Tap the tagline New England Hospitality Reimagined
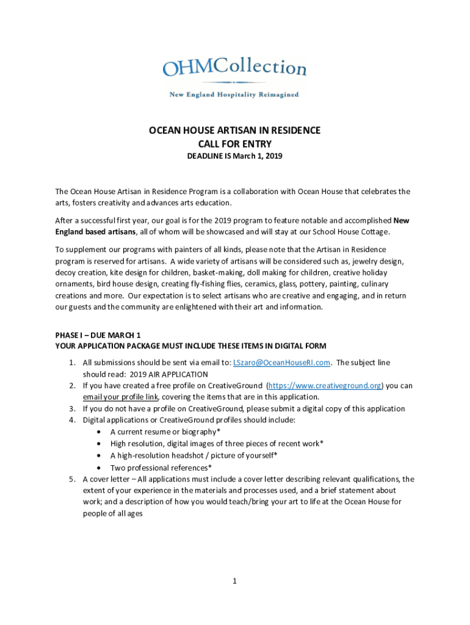234,95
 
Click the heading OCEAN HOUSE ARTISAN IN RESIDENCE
235,131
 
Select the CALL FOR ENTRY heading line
235,144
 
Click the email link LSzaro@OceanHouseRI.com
282,363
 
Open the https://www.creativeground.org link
325,386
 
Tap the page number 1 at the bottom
234,581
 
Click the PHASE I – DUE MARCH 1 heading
98,335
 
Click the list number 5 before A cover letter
71,479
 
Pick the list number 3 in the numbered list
71,409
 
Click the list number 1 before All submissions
71,363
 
